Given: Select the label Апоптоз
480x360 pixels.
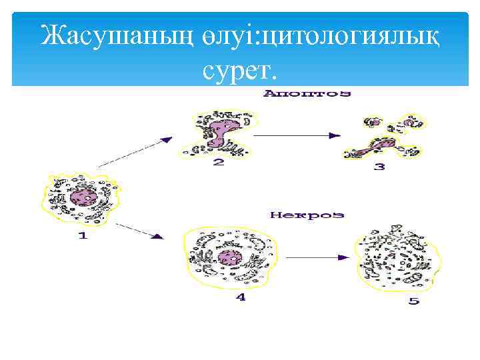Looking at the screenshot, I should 307,94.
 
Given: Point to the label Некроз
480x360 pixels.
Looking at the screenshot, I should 307,215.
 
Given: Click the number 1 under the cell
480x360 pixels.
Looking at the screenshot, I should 83,236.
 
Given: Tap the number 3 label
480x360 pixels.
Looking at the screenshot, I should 379,167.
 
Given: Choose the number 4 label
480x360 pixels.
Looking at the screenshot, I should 241,297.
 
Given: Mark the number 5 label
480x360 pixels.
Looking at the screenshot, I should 414,301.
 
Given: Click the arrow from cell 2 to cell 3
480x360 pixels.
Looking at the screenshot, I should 293,135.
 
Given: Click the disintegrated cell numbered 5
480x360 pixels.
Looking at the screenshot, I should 398,260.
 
